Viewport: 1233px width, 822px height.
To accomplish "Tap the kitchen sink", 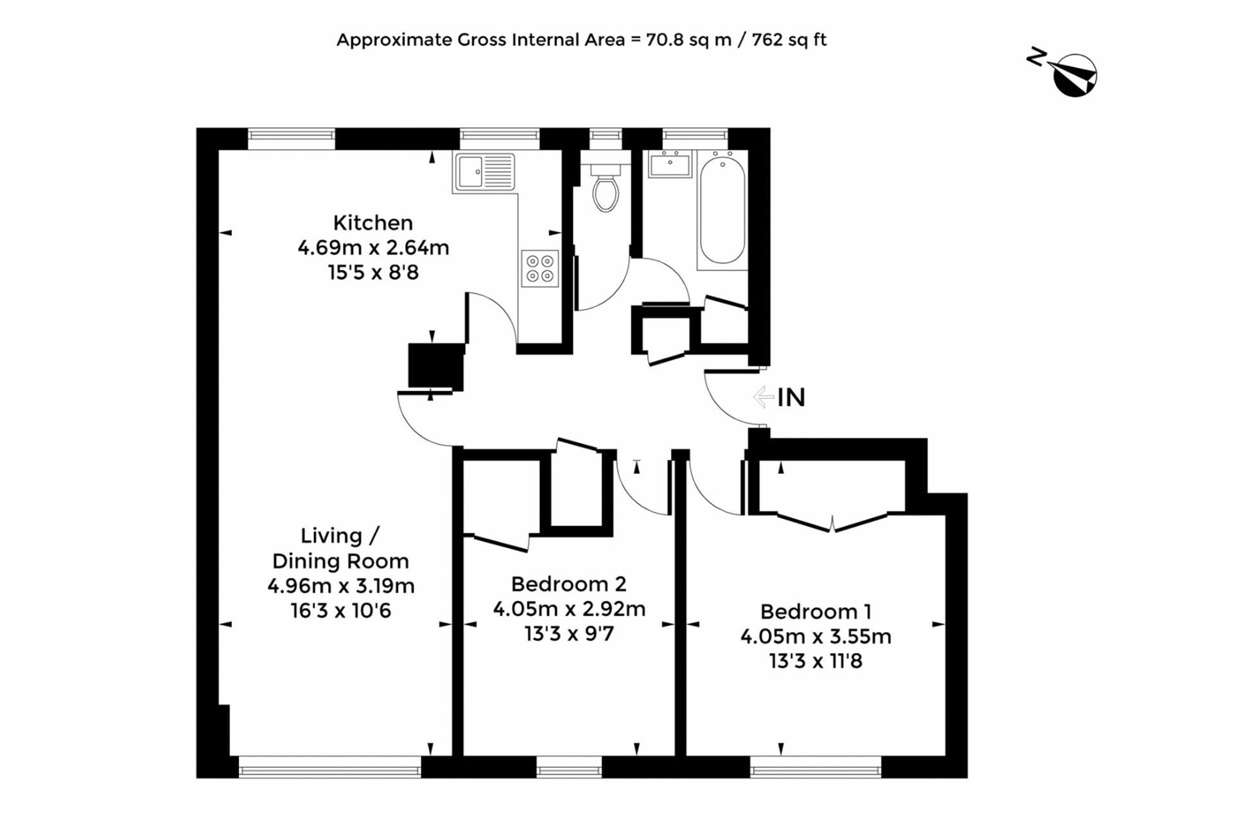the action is pyautogui.click(x=485, y=172).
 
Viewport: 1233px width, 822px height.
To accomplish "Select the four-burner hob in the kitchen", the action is pyautogui.click(x=539, y=268).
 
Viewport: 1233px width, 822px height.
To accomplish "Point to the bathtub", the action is pyautogui.click(x=722, y=209).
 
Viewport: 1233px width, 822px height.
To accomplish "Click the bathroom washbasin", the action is pyautogui.click(x=670, y=164).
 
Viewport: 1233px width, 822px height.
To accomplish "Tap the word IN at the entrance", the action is pyautogui.click(x=791, y=398).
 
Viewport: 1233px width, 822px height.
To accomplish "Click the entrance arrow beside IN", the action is pyautogui.click(x=763, y=397).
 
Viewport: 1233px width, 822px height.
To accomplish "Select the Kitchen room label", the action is pyautogui.click(x=372, y=223).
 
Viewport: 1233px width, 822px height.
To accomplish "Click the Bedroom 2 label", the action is pyautogui.click(x=568, y=584).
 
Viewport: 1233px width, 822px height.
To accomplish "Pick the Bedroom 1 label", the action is pyautogui.click(x=816, y=611).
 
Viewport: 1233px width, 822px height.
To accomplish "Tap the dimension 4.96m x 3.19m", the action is pyautogui.click(x=341, y=586).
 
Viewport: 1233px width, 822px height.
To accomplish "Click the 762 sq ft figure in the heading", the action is pyautogui.click(x=789, y=40).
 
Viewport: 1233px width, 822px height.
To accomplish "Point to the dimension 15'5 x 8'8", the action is pyautogui.click(x=373, y=272).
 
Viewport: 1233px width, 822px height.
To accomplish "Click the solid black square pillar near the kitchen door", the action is pyautogui.click(x=436, y=366).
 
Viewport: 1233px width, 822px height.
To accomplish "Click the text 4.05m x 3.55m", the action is pyautogui.click(x=816, y=636).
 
